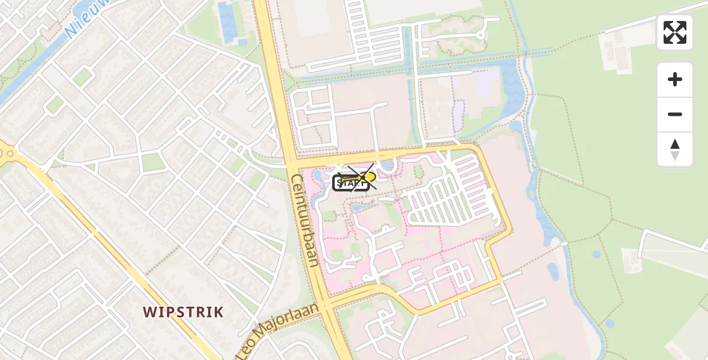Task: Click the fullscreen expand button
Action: tap(675, 32)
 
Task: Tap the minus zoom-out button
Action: tap(675, 114)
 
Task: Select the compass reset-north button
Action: tap(675, 149)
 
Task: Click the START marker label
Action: tap(350, 183)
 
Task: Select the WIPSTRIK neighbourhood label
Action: tap(183, 312)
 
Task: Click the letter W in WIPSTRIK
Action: tap(148, 312)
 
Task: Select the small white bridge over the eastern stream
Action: tap(564, 244)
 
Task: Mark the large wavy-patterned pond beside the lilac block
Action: tap(513, 90)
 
